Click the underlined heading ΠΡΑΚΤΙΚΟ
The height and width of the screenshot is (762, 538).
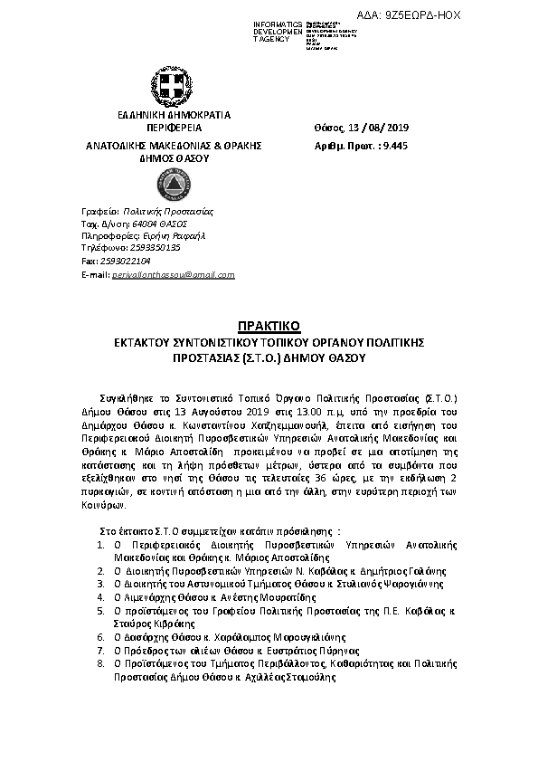point(268,325)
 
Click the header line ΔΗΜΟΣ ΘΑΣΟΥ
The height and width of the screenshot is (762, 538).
point(173,157)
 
